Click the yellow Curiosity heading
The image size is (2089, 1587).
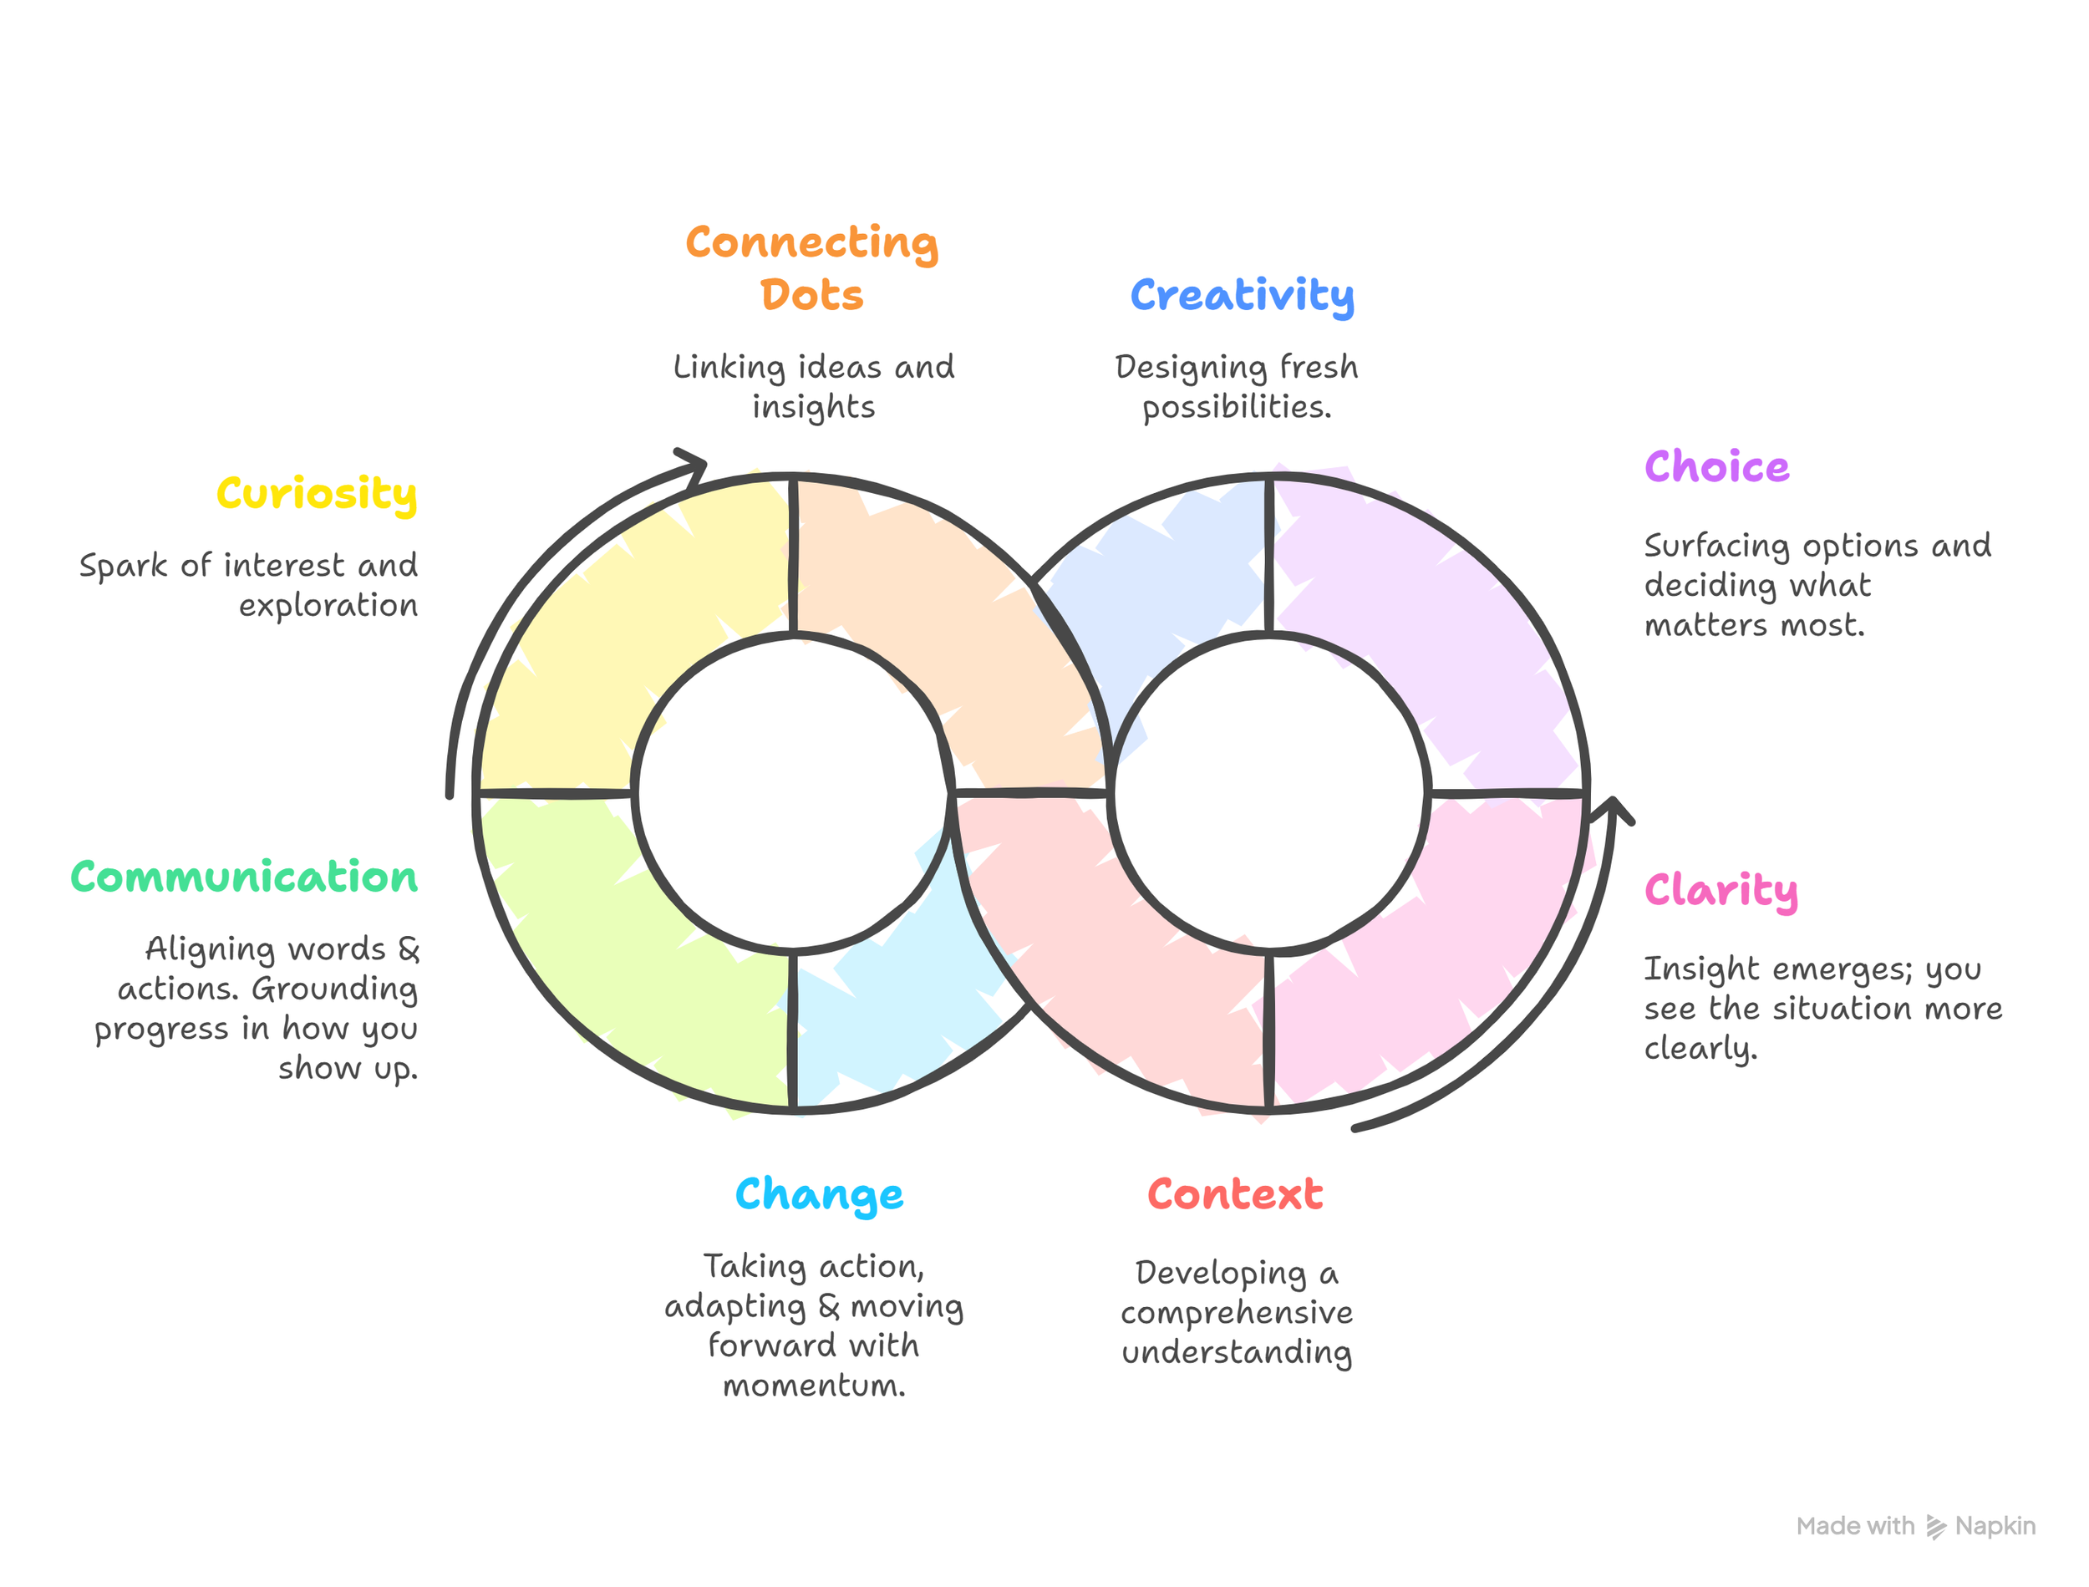point(317,493)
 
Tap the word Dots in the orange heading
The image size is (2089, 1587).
point(811,295)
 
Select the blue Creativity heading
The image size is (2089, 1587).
point(1242,295)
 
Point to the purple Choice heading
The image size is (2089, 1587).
point(1716,466)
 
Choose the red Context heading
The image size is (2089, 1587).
point(1234,1194)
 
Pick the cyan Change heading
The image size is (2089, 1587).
point(819,1194)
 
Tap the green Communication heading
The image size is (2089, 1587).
point(244,877)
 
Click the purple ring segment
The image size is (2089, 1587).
point(1426,623)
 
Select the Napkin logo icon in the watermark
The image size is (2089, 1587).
point(1936,1527)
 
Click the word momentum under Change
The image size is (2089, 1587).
point(813,1385)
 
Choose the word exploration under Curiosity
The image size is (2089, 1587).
point(328,606)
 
